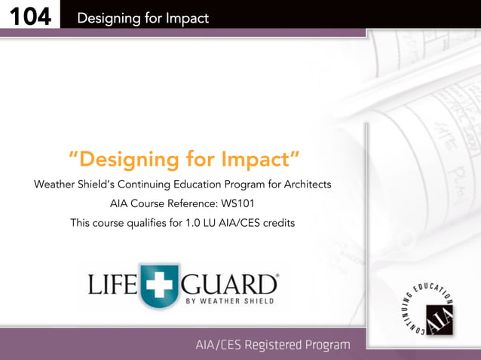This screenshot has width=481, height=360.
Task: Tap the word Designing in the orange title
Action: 125,160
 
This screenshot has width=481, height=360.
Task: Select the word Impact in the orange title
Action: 256,160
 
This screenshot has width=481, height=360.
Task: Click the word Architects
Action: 303,184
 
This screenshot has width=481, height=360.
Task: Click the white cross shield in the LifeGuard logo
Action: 159,287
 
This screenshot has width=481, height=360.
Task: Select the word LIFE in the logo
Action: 112,285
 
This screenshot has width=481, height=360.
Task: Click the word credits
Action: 277,223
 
